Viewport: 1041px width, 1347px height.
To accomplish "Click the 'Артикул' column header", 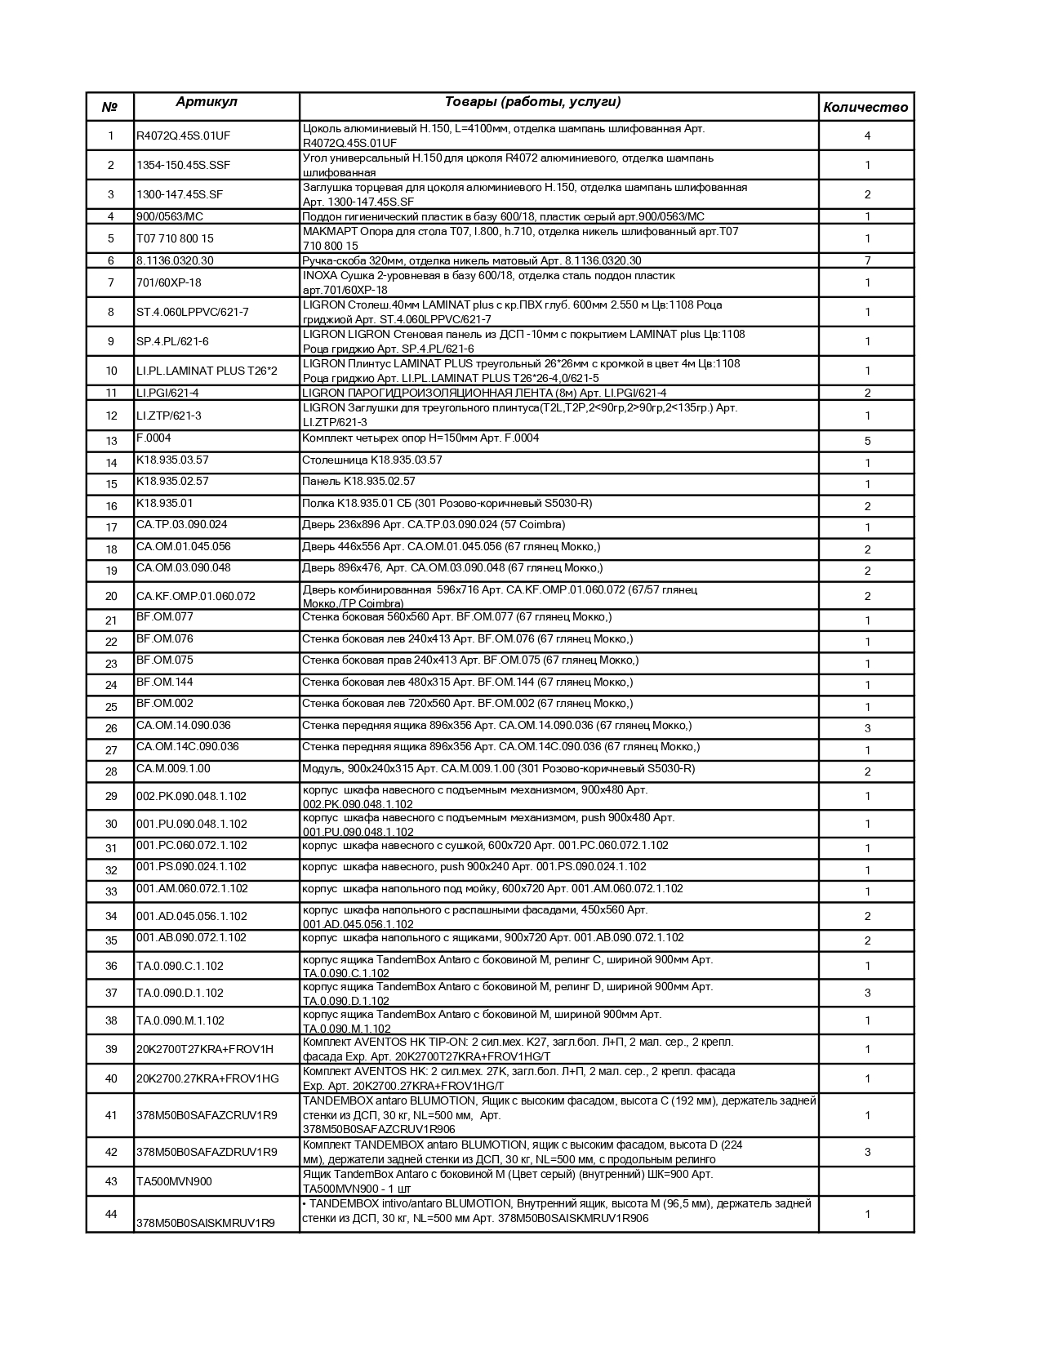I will [x=207, y=102].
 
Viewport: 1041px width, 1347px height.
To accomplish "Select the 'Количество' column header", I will [x=865, y=107].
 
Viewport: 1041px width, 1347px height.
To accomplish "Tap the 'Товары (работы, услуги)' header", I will [x=532, y=102].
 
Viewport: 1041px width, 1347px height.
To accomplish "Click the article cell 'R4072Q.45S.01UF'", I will [x=177, y=136].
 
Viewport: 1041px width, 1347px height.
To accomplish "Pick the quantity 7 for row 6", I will [x=867, y=260].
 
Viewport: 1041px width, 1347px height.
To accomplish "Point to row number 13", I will [x=111, y=441].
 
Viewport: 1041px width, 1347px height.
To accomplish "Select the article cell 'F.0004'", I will [x=153, y=438].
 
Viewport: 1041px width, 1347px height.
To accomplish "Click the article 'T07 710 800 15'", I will [x=175, y=238].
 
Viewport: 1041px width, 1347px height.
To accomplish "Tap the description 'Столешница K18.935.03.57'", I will [x=372, y=460].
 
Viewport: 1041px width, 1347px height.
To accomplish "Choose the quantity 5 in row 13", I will [x=867, y=441].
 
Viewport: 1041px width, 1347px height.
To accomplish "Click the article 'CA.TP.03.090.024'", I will [x=182, y=525].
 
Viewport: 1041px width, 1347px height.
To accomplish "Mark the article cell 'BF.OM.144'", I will [x=165, y=682].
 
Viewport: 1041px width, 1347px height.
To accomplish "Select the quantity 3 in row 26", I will [x=867, y=728].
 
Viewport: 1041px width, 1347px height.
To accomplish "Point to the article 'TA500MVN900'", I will [x=174, y=1181].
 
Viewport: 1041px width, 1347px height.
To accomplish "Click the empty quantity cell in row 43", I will [x=866, y=1181].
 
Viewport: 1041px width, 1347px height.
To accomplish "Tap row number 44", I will [x=111, y=1214].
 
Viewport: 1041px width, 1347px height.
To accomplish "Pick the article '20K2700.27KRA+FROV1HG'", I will [x=207, y=1078].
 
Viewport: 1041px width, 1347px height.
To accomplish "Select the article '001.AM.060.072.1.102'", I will [x=192, y=888].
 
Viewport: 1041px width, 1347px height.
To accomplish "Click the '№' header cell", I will [x=110, y=107].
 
